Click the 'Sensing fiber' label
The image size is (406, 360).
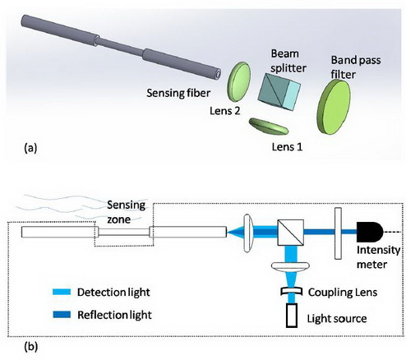click(178, 93)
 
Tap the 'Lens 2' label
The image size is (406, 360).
click(225, 111)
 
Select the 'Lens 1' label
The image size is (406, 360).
click(287, 147)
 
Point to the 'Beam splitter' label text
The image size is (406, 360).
click(288, 61)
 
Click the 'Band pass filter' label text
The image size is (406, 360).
click(356, 67)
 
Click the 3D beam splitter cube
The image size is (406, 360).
click(279, 91)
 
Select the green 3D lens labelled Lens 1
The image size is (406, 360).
click(269, 127)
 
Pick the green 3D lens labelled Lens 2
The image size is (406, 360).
click(238, 81)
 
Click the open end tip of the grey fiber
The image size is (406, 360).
click(218, 74)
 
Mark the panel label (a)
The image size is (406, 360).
click(30, 148)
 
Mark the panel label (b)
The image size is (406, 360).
click(30, 347)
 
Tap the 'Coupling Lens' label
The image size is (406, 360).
click(343, 293)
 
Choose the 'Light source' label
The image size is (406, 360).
click(337, 319)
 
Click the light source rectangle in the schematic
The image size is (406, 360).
click(292, 315)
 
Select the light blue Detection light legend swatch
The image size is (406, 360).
click(62, 292)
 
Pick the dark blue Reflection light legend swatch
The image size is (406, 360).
click(62, 314)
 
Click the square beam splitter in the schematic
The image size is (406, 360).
click(290, 233)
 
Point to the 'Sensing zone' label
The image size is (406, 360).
click(126, 212)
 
